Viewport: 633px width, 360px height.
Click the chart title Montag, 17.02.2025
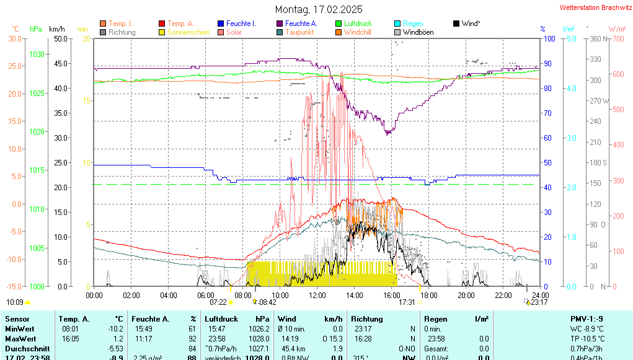pos(319,9)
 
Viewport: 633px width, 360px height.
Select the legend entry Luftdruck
pos(358,24)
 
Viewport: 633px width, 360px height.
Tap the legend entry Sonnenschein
pos(189,32)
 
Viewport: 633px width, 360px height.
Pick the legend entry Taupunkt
pos(299,32)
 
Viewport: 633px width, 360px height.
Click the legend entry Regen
pos(413,24)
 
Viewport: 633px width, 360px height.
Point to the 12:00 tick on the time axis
pos(317,294)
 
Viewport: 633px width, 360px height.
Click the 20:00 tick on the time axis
pos(466,294)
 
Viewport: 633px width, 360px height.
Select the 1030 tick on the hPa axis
pos(37,55)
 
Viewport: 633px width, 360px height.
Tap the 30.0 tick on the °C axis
pos(15,38)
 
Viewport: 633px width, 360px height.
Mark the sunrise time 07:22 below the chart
pos(218,302)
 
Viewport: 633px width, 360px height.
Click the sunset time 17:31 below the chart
pos(407,302)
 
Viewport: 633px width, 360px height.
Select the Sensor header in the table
pos(17,318)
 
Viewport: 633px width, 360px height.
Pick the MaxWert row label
pos(20,338)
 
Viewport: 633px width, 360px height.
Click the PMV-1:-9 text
pos(585,318)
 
